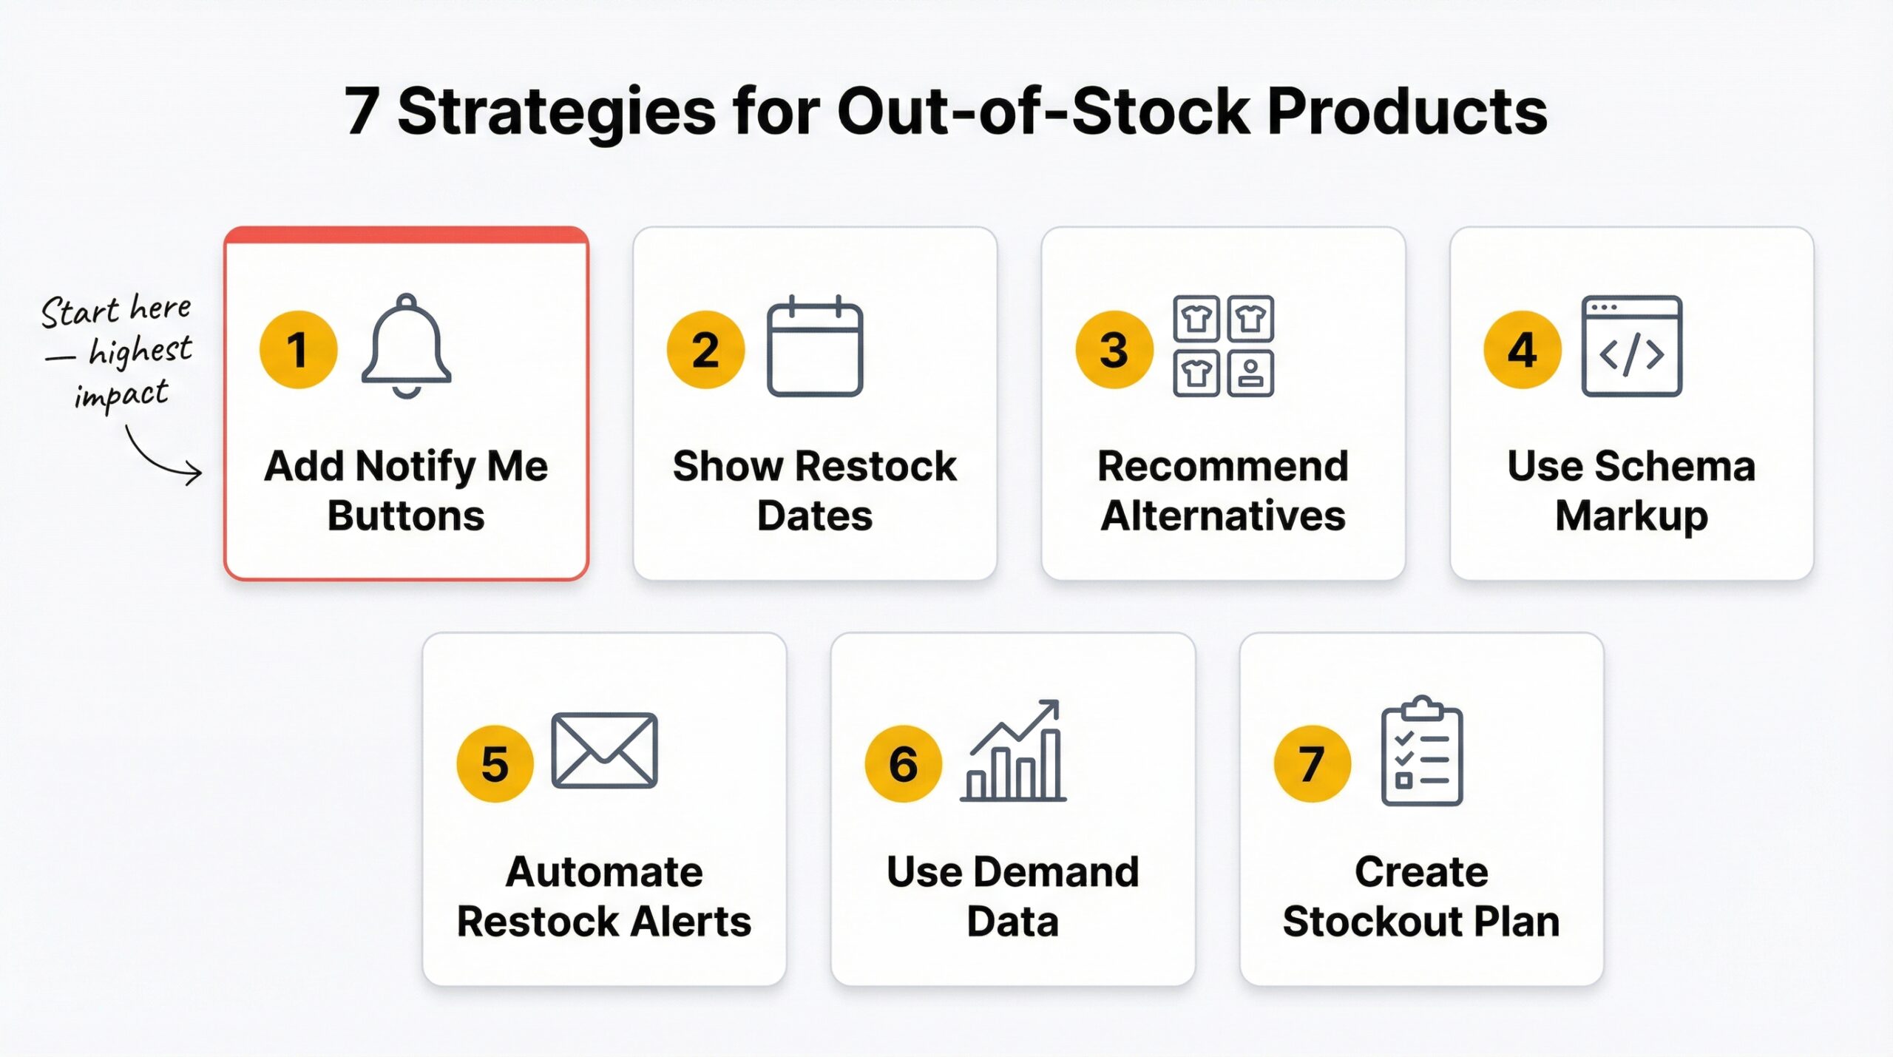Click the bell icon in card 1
point(406,345)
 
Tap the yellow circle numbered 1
point(298,349)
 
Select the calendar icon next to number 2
point(815,346)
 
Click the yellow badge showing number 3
point(1114,349)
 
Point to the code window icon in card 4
point(1631,346)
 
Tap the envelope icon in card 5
point(604,750)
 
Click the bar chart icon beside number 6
point(1013,752)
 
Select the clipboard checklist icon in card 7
point(1421,752)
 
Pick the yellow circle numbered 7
point(1312,763)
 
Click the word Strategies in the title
point(556,112)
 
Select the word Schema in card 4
point(1674,466)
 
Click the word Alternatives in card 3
point(1223,516)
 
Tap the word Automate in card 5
point(604,871)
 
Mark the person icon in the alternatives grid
point(1250,374)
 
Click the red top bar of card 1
point(406,235)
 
